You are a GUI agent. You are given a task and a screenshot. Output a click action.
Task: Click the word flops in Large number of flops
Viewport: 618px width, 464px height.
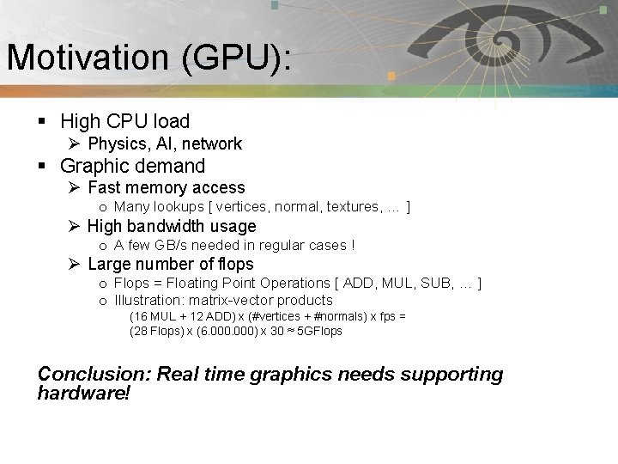pyautogui.click(x=235, y=264)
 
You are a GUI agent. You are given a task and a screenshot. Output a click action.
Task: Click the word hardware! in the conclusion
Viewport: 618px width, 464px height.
pyautogui.click(x=83, y=393)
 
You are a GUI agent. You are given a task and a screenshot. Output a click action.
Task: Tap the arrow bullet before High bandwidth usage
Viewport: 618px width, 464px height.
pyautogui.click(x=75, y=226)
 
